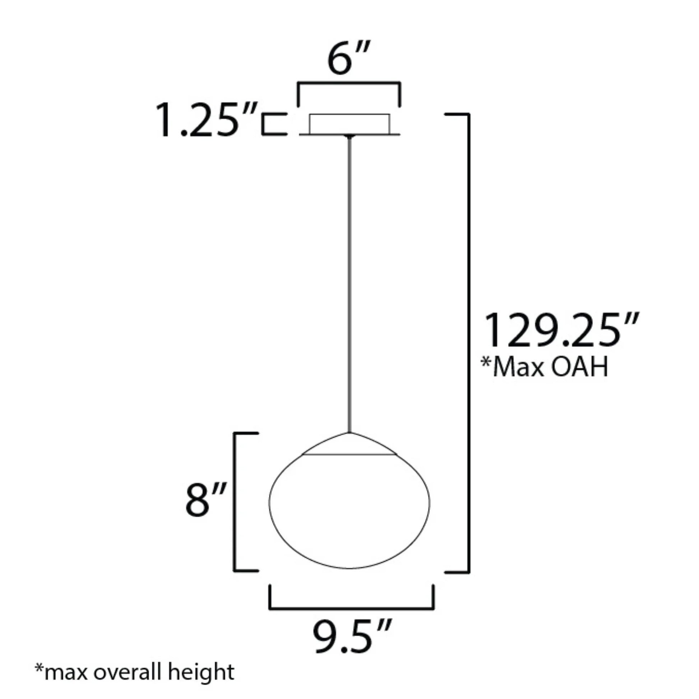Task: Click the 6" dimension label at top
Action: point(348,59)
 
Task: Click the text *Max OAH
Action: point(544,367)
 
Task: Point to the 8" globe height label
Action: point(205,500)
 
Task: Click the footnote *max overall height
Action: point(135,672)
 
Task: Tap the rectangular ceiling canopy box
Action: point(349,124)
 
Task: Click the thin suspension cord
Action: point(349,282)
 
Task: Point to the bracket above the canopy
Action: point(349,84)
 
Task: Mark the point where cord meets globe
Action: point(349,432)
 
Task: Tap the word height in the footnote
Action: point(201,672)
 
